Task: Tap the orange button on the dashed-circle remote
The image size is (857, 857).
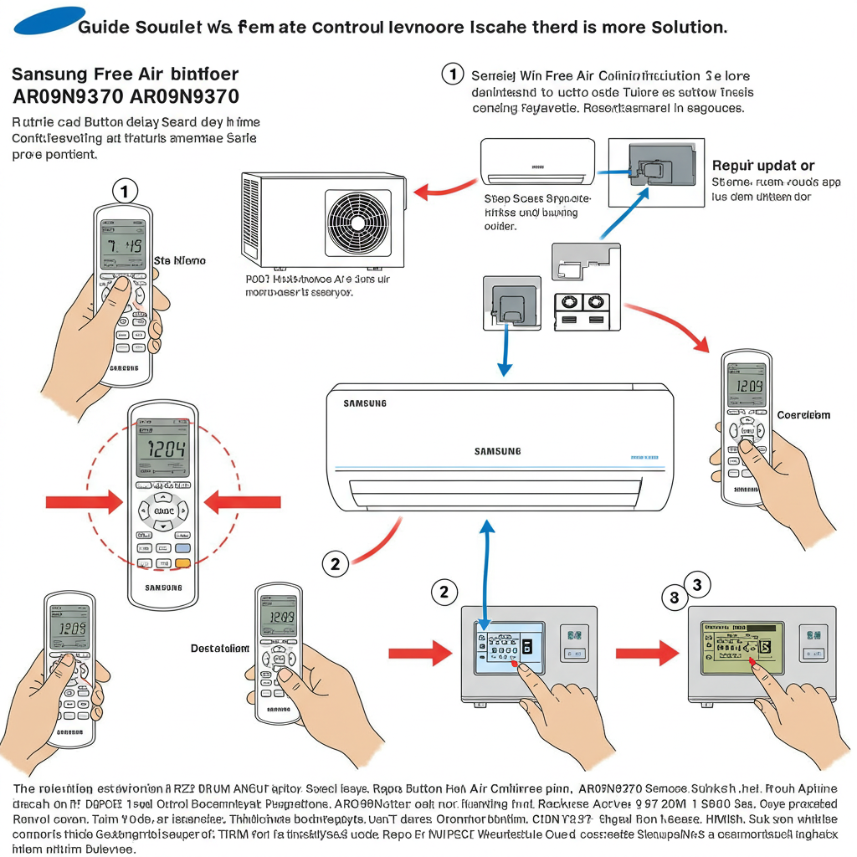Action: [x=182, y=562]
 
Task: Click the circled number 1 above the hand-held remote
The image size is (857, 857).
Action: [x=125, y=192]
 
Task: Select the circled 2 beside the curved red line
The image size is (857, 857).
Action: [x=335, y=564]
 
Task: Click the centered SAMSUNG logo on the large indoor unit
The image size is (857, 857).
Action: [x=497, y=451]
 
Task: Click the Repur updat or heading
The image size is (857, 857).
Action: [x=762, y=166]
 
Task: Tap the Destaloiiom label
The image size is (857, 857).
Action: [x=220, y=648]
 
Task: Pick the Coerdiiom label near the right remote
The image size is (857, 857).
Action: [x=803, y=415]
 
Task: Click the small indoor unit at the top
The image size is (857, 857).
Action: [x=537, y=162]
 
